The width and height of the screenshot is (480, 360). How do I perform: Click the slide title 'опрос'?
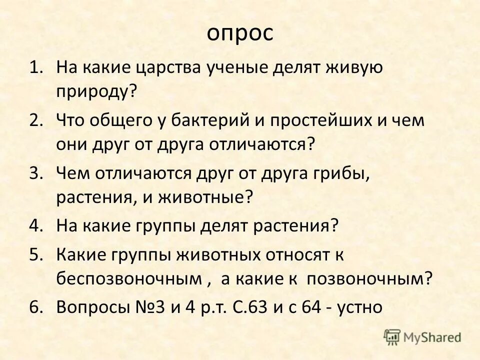[x=240, y=33]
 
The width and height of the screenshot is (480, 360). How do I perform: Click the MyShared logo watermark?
[x=423, y=337]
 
